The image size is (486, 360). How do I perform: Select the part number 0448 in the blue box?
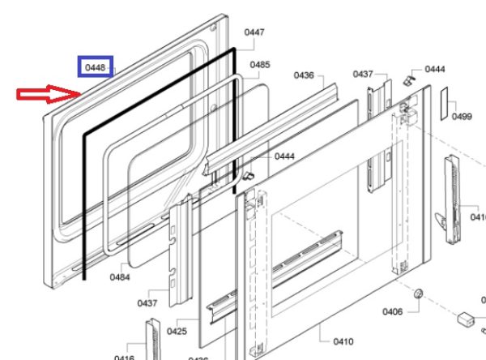tap(95, 67)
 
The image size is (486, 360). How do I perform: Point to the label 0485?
tap(260, 64)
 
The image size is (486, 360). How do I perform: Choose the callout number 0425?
tap(177, 331)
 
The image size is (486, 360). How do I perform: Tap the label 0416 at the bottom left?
tap(124, 358)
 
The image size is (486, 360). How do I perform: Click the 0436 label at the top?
tap(304, 75)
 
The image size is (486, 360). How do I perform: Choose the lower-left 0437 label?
tap(147, 303)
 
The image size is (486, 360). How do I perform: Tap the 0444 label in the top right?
tap(435, 69)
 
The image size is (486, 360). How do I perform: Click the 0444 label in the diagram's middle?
tap(283, 156)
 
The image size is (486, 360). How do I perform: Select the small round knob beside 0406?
tap(418, 293)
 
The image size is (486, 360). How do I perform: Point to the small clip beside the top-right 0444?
tap(410, 79)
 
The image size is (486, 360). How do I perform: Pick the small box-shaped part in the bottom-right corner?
tap(467, 319)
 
